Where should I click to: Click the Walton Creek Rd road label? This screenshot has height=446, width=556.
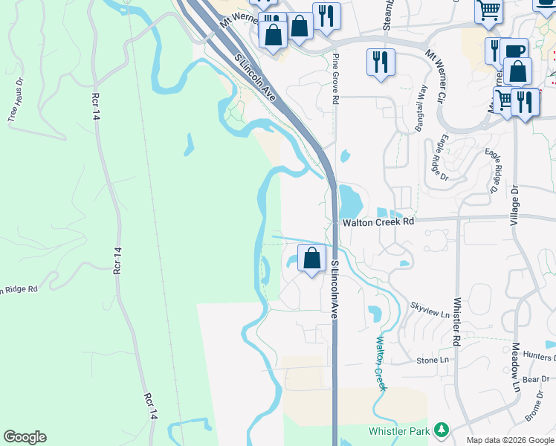coord(378,222)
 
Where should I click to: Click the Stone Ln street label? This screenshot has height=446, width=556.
coord(433,360)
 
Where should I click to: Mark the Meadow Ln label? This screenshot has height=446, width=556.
coord(515,368)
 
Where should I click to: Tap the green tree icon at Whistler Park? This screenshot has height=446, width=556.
coord(442,430)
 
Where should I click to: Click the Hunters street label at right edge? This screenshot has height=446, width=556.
coord(539,357)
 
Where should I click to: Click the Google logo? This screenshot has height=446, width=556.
coord(25,437)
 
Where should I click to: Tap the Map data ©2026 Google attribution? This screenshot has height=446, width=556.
coord(510,440)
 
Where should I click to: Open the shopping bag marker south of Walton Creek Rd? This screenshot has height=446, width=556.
coord(312,259)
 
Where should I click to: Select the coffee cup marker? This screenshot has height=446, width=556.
coord(514,51)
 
